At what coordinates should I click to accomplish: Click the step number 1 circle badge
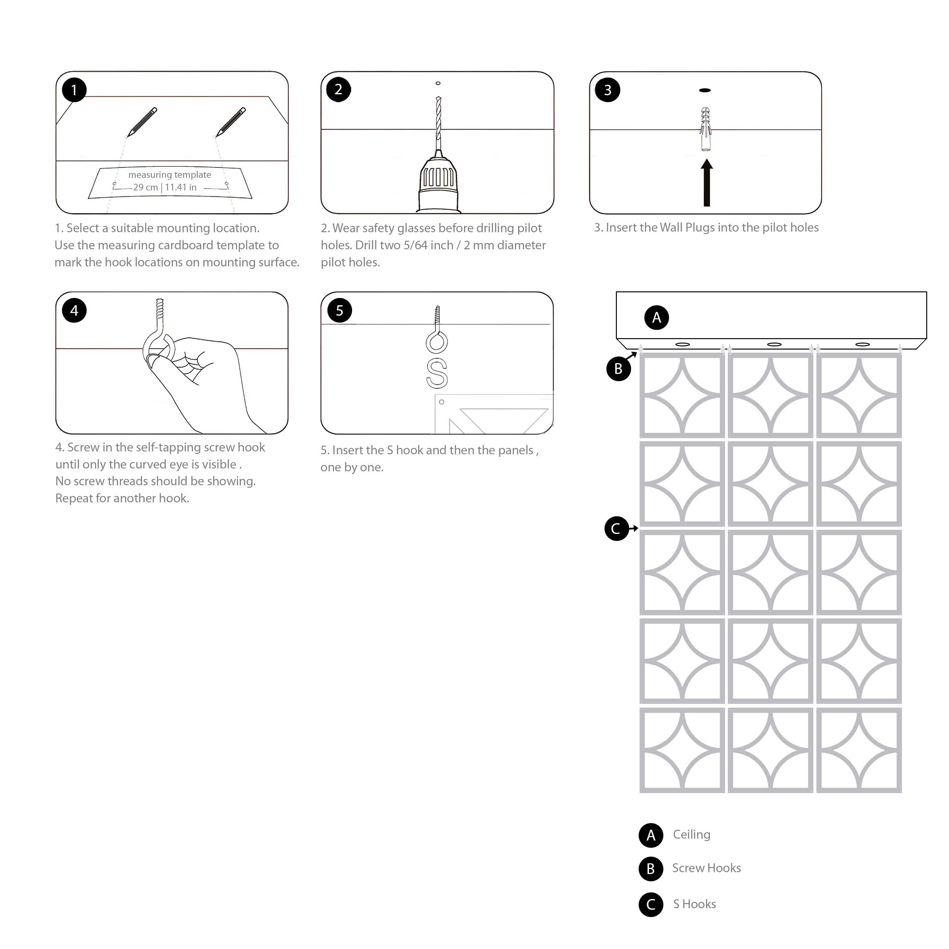click(74, 90)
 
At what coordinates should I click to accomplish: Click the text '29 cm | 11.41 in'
click(165, 187)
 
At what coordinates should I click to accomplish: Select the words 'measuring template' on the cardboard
click(170, 174)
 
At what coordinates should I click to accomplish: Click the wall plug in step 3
click(706, 129)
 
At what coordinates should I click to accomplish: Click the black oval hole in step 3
click(704, 90)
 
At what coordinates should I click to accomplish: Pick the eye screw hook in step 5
click(437, 332)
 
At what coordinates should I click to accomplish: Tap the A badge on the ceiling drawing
click(656, 318)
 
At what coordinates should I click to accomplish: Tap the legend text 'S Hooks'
click(694, 904)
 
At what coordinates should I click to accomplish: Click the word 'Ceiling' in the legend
click(691, 834)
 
